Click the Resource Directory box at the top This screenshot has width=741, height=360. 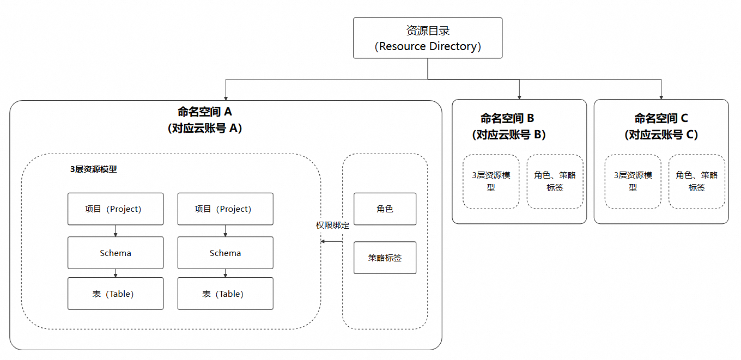coord(428,38)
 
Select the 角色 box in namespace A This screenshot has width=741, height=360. coord(385,209)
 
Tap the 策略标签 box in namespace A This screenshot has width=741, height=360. coord(385,258)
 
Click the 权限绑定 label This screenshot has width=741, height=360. coord(332,225)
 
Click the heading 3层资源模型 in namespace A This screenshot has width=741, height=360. coord(94,169)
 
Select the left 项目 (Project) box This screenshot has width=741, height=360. coord(116,209)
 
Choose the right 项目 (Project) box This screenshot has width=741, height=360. coord(225,209)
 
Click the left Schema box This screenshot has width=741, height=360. coord(116,253)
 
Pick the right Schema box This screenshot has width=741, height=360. coord(225,253)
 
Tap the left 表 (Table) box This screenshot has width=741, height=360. coord(116,294)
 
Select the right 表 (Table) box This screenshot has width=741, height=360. coord(225,294)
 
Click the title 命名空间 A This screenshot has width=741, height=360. coord(205,112)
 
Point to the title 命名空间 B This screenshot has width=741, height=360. coord(507,118)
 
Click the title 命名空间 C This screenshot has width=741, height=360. coord(661,118)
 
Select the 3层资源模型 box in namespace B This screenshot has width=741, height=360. coord(491,181)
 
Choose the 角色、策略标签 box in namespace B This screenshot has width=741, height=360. coord(555,181)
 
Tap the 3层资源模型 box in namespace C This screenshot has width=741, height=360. coord(633,181)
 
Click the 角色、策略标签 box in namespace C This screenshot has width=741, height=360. coord(697,181)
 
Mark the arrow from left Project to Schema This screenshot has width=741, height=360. coord(116,231)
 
